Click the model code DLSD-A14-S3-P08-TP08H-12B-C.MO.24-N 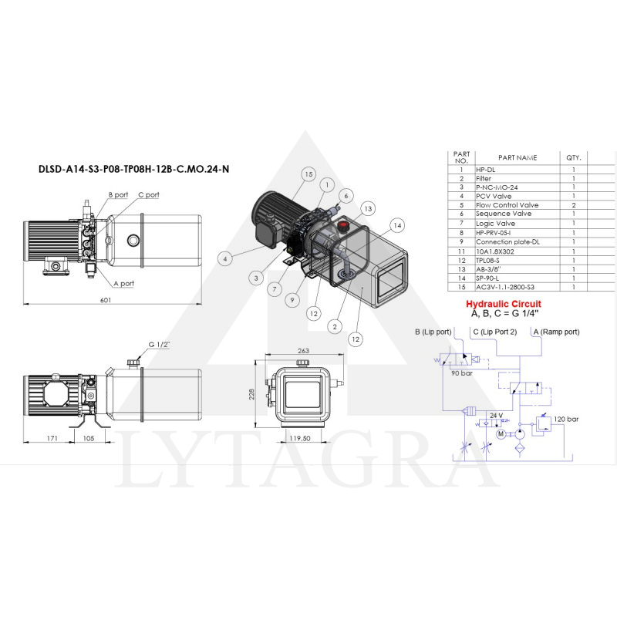(x=133, y=169)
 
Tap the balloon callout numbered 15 (x=308, y=175)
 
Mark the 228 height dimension (x=251, y=395)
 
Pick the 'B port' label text (x=117, y=195)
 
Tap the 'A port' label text (x=123, y=283)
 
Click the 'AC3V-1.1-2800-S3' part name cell (x=505, y=287)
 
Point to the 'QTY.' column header (x=573, y=157)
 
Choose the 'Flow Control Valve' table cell (x=507, y=205)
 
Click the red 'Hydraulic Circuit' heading (x=507, y=303)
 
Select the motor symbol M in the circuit (x=501, y=434)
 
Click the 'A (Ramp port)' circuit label (x=556, y=332)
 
